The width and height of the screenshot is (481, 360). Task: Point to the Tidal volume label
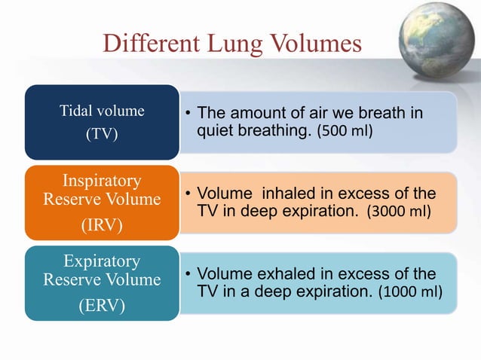click(102, 111)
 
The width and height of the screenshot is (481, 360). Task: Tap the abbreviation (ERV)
click(102, 307)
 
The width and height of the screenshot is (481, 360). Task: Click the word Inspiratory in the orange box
click(102, 181)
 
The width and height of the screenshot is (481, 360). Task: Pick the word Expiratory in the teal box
click(102, 261)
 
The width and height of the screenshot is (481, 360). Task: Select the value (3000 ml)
click(399, 212)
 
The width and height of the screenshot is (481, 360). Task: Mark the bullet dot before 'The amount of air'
click(188, 114)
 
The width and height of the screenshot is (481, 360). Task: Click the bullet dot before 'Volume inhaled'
click(188, 194)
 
